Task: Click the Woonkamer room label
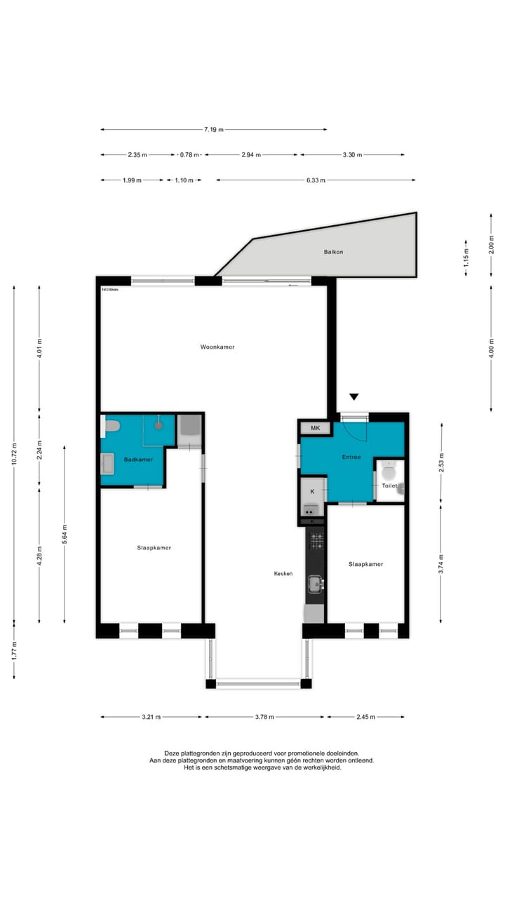pos(217,347)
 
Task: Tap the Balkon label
pos(333,252)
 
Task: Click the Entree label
pos(351,457)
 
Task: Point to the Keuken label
pos(283,573)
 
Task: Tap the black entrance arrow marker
pos(354,397)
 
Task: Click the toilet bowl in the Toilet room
pos(389,471)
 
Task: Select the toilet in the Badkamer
pos(111,425)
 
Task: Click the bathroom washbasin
pos(108,464)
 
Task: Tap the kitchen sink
pos(316,582)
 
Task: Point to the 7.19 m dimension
pos(213,129)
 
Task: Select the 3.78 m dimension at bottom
pos(264,717)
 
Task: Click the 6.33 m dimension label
pos(316,180)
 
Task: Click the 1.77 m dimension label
pos(14,650)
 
